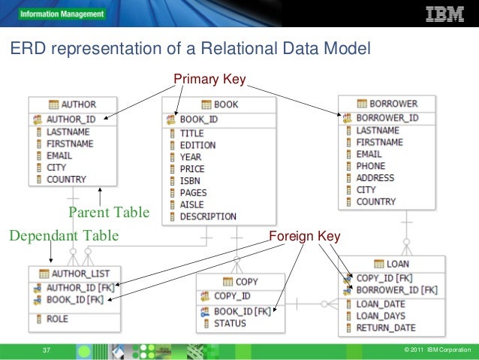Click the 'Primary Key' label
click(x=210, y=78)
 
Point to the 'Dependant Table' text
click(x=64, y=236)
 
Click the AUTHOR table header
click(x=78, y=104)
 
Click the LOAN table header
click(x=397, y=265)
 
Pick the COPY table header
click(x=246, y=282)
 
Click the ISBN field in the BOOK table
click(x=191, y=181)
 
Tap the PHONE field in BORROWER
click(x=370, y=166)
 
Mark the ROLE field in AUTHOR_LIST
click(x=56, y=319)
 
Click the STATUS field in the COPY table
click(x=230, y=324)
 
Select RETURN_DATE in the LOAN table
click(x=385, y=328)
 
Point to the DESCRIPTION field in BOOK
click(x=208, y=216)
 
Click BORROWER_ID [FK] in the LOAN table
click(x=396, y=289)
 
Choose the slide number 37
click(x=46, y=351)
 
